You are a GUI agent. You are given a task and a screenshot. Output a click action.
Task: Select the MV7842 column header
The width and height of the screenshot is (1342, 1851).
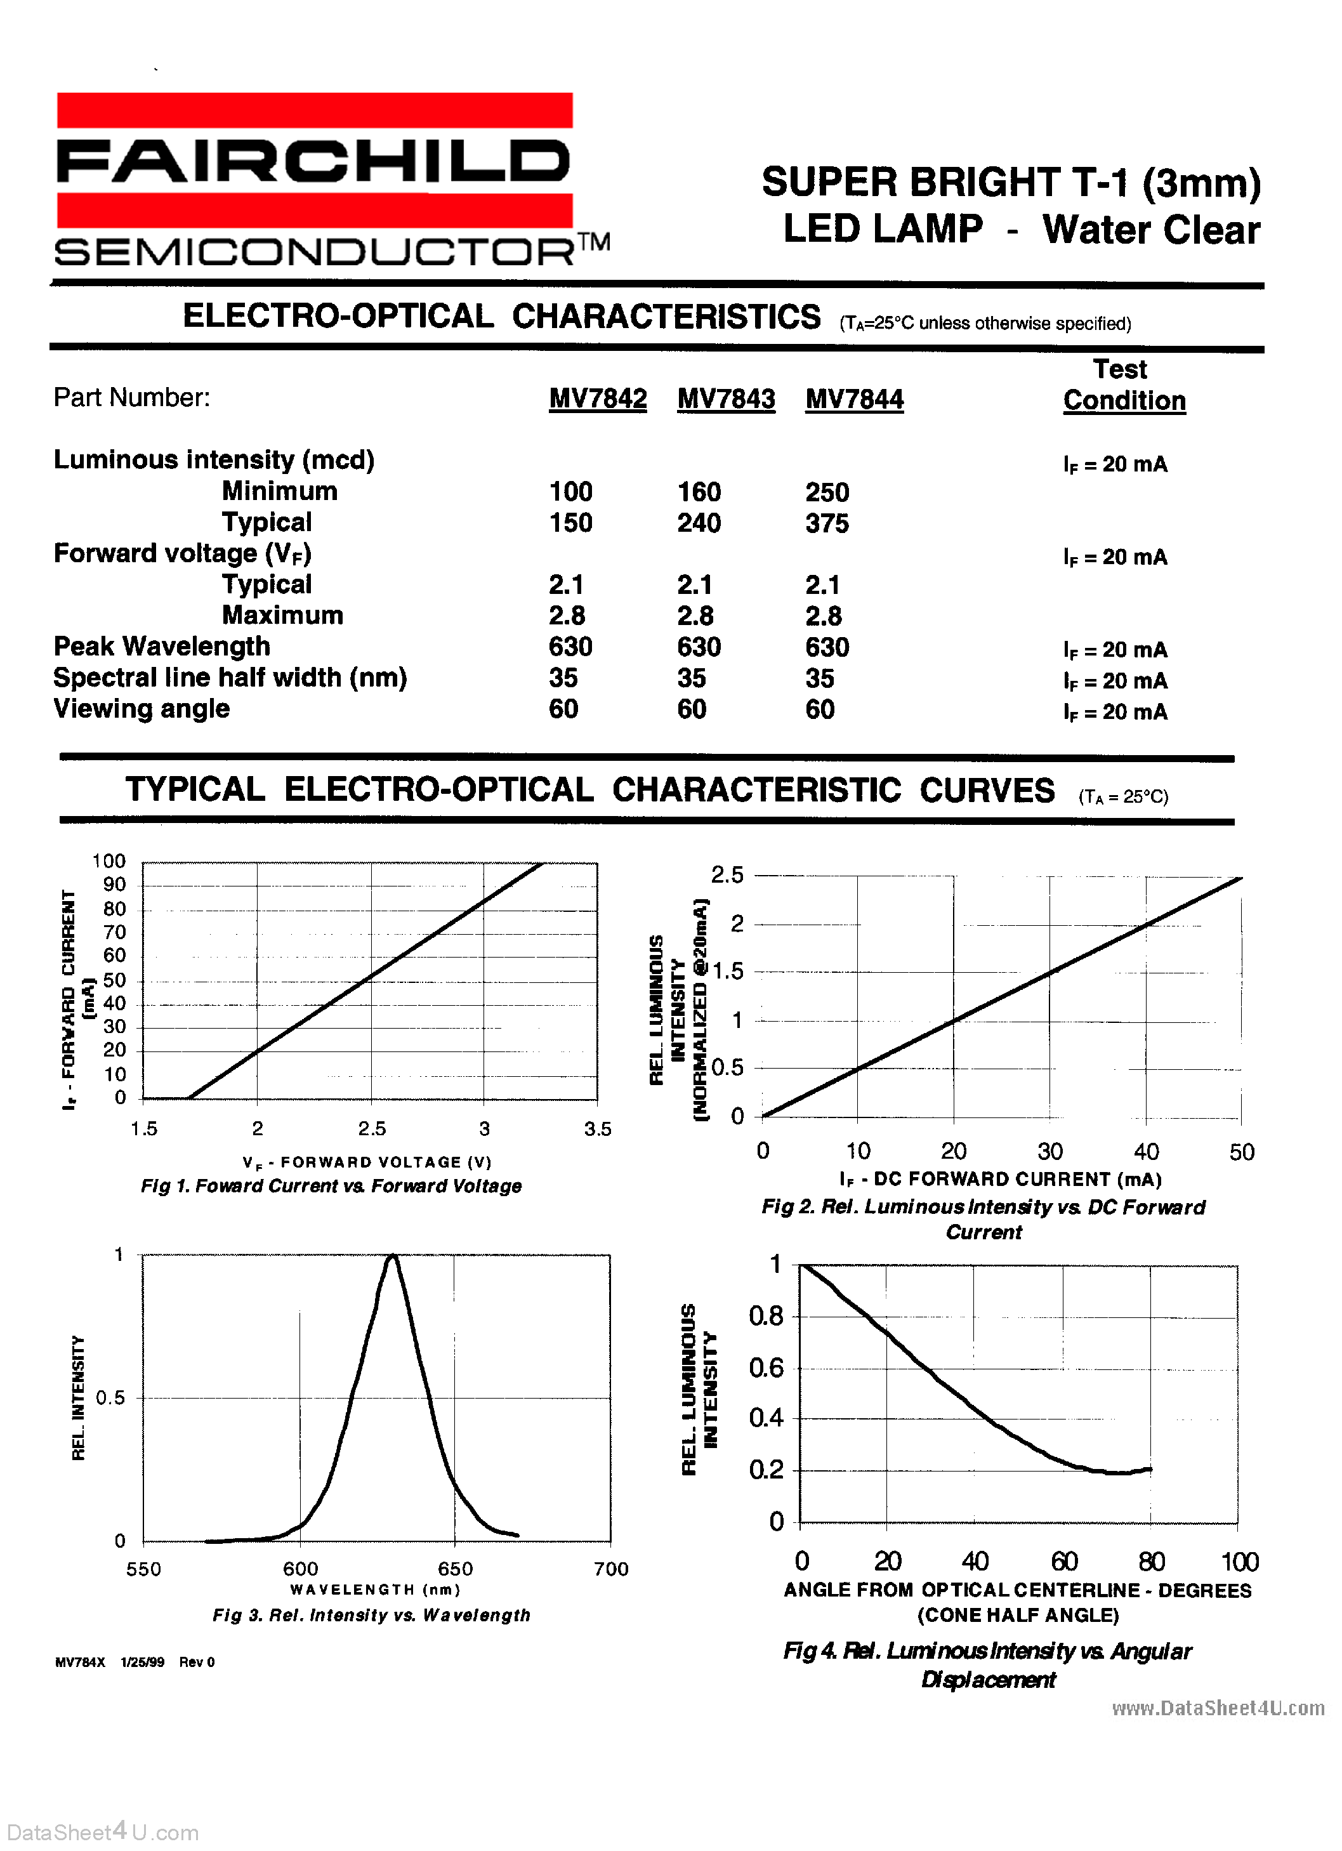[598, 399]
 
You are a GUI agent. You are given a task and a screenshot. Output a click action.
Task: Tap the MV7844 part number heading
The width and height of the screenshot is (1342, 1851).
[854, 399]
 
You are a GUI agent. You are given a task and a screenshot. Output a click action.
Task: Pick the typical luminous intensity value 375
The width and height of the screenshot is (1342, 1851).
[827, 523]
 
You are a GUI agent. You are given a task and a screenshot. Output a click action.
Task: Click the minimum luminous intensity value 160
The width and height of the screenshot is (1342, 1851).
[699, 492]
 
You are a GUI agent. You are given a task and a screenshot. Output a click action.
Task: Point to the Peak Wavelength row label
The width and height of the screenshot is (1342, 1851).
[162, 647]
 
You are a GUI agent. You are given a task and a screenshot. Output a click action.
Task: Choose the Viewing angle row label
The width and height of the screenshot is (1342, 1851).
[141, 708]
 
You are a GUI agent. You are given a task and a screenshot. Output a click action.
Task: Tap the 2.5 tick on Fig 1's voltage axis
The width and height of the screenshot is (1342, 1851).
[371, 1129]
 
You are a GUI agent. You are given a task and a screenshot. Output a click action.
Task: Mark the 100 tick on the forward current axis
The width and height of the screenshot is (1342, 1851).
[109, 861]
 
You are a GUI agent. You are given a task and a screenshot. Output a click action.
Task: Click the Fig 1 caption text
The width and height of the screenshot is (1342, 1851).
[331, 1186]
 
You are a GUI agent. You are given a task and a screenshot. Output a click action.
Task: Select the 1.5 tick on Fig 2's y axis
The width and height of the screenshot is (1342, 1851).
[728, 972]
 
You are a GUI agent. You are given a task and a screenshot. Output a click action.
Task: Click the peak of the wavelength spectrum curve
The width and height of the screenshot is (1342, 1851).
[393, 1257]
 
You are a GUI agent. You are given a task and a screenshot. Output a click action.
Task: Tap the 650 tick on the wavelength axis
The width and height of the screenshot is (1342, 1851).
[455, 1569]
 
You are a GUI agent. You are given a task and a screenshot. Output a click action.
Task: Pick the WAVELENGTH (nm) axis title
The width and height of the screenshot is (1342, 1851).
[376, 1589]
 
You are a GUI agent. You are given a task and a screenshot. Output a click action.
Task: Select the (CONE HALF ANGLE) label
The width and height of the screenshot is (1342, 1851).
[1018, 1615]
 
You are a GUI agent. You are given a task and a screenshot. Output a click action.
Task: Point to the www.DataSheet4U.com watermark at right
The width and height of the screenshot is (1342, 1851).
[1218, 1708]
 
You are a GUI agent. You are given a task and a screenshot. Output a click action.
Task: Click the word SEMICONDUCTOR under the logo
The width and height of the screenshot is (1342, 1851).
[314, 251]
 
